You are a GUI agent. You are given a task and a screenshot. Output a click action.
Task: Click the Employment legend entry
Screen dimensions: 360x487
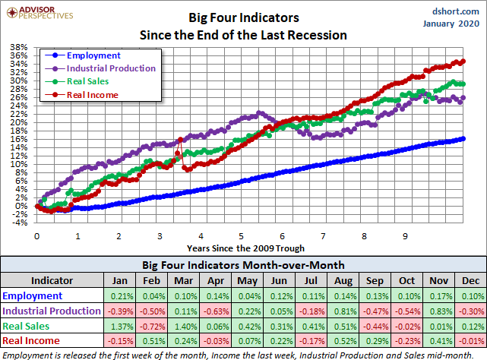[93, 55]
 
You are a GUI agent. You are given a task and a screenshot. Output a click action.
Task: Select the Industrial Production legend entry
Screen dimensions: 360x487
[111, 68]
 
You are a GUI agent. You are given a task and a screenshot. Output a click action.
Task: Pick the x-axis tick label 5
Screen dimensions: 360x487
[241, 236]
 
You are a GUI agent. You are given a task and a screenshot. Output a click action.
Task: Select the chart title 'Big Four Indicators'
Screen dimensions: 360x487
[243, 16]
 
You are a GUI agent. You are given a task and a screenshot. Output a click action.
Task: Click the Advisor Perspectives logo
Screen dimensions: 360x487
[38, 13]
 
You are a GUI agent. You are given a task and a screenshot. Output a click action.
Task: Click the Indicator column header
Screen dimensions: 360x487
[52, 279]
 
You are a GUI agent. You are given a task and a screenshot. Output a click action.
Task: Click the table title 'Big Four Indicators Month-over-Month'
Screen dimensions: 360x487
[243, 265]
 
